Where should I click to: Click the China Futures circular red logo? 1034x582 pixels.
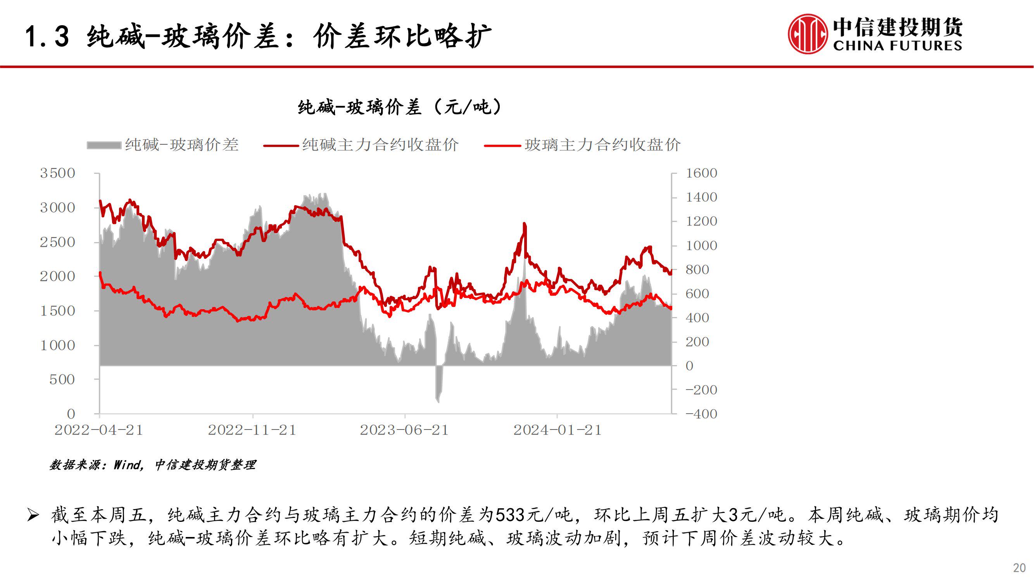[x=808, y=34]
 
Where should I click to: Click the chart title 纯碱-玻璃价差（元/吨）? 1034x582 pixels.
[x=399, y=107]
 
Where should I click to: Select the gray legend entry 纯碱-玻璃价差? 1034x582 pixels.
[x=162, y=145]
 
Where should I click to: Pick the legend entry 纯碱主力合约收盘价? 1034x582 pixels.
[x=361, y=145]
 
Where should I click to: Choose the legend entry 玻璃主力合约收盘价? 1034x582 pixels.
[x=582, y=145]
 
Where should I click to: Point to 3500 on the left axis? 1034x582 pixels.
[x=57, y=173]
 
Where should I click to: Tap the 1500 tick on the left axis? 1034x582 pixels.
[x=57, y=311]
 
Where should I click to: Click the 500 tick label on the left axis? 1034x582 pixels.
[x=62, y=379]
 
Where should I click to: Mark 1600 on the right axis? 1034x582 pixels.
[x=701, y=173]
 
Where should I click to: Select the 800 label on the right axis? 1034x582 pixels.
[x=697, y=270]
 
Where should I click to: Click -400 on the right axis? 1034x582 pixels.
[x=701, y=414]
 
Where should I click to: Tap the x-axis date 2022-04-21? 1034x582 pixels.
[x=99, y=430]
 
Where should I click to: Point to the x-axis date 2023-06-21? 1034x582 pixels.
[x=404, y=430]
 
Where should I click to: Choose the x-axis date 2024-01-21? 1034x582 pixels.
[x=557, y=430]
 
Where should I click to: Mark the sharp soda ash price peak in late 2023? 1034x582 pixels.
[x=524, y=224]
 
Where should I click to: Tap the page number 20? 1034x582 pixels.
[x=1019, y=568]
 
